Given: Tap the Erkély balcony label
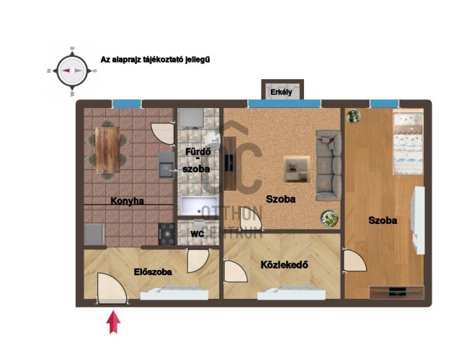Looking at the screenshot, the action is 281,92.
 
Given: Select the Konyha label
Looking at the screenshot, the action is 128,201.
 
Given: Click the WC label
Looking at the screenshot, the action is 197,234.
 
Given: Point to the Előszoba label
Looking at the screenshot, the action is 153,271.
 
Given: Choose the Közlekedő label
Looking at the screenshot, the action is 284,264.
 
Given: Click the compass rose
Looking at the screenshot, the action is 72,71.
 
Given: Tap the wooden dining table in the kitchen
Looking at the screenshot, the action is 108,150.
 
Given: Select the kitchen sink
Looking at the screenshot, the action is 166,165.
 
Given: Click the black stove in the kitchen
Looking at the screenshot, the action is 167,234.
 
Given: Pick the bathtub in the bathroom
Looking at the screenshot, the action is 200,205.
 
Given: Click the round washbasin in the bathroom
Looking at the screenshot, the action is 213,140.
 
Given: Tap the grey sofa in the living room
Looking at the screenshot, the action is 328,166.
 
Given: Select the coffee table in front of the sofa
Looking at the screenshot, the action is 297,169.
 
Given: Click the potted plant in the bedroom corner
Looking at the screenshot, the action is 353,116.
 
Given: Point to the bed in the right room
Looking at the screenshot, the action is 409,142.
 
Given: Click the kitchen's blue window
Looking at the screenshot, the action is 127,104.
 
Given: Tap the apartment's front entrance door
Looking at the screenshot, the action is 112,289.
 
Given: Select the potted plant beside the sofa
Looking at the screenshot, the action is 329,218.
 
